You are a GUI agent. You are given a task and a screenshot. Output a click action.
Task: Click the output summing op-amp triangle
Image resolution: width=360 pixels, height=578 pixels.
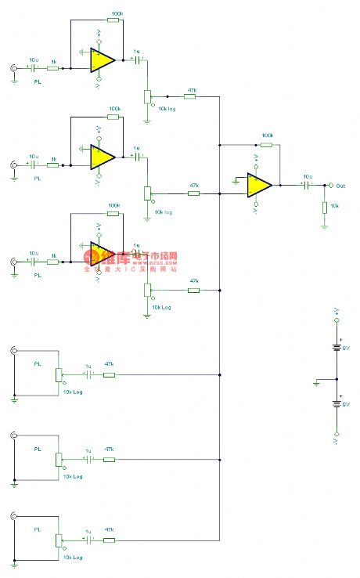point(259,186)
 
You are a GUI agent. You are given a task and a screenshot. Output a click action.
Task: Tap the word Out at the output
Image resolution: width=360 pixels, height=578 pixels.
point(340,186)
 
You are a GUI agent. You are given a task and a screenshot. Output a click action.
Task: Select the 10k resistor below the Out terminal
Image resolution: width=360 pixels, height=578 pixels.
point(324,207)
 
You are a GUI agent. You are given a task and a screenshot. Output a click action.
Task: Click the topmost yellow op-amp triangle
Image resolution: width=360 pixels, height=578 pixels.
point(103,60)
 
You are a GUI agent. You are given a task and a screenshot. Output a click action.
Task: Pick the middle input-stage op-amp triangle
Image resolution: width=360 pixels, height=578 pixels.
point(103,157)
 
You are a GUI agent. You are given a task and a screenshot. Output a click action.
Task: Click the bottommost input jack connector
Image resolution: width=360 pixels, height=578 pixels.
point(13,516)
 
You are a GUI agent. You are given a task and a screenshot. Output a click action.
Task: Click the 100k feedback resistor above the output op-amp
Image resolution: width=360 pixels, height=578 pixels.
point(266,145)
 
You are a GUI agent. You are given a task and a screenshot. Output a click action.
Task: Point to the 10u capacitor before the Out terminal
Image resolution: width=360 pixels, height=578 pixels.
point(307,186)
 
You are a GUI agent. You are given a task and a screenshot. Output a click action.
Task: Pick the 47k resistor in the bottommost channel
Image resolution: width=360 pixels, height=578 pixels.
point(110,540)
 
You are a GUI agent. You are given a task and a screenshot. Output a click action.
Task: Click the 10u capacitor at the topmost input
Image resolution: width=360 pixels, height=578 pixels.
point(33,69)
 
